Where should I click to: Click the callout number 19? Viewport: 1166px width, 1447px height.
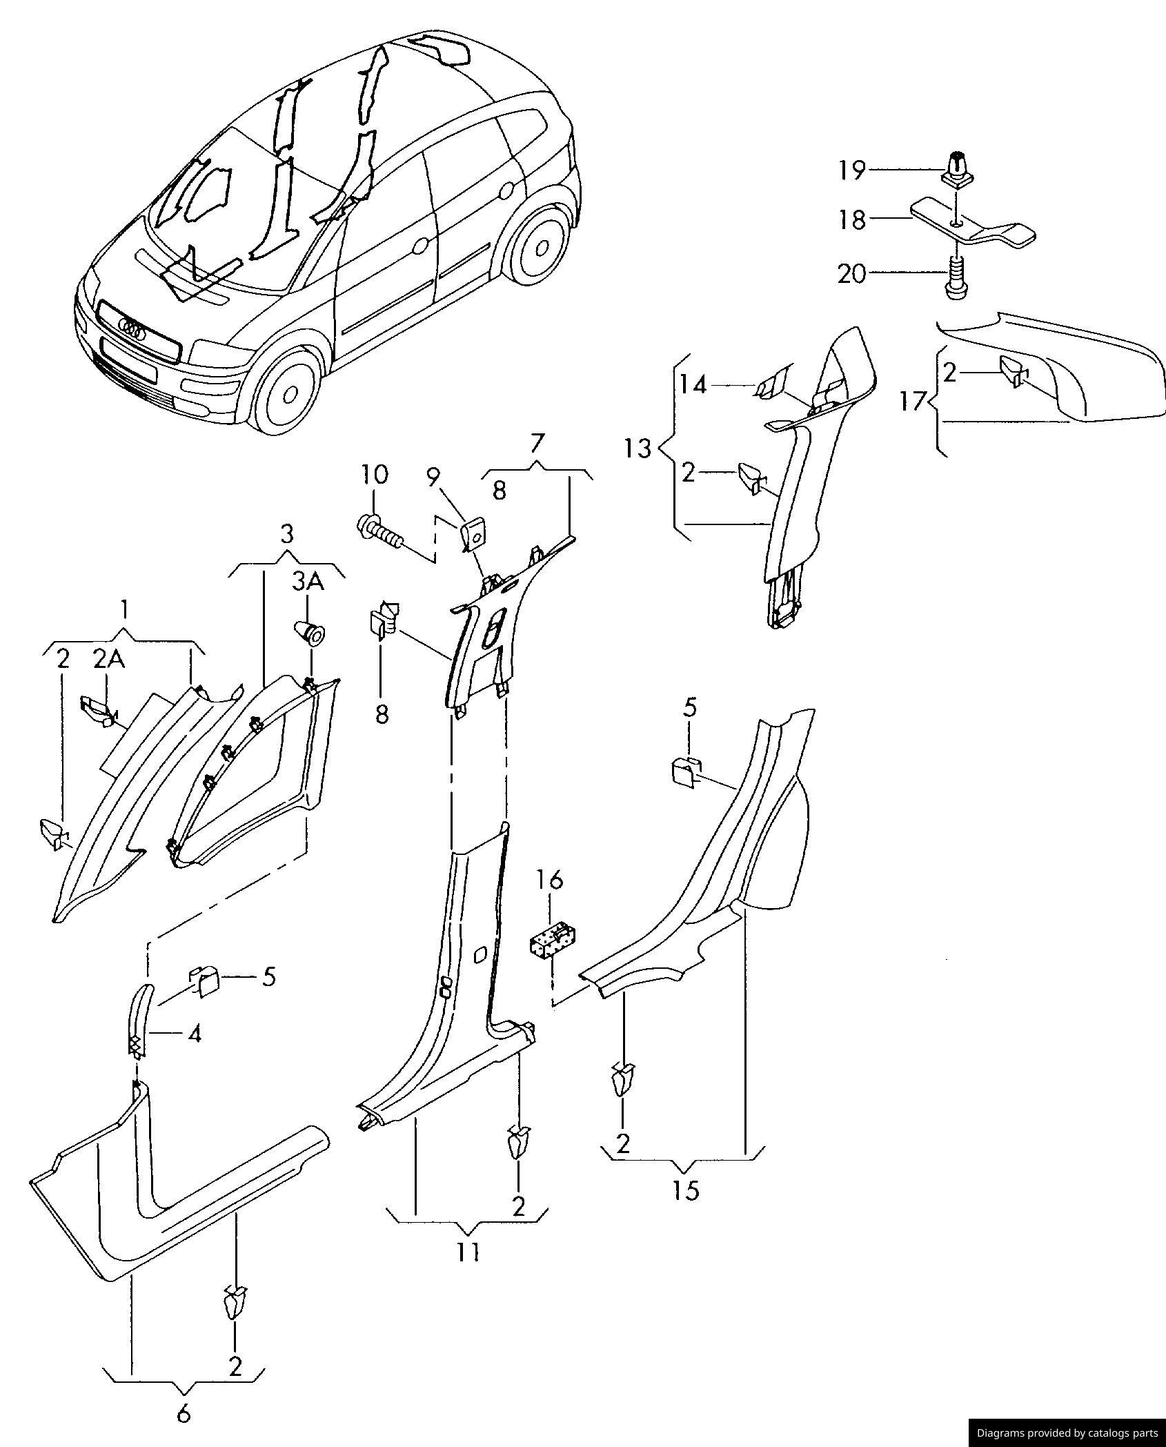click(852, 170)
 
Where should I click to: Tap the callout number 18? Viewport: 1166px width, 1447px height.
click(852, 220)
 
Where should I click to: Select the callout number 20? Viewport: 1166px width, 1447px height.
click(852, 275)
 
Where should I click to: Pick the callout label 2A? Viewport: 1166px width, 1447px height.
click(109, 660)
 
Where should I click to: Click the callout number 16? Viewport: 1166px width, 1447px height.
click(551, 880)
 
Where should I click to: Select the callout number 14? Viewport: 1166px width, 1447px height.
click(693, 385)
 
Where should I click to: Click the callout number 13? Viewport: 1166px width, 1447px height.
click(638, 449)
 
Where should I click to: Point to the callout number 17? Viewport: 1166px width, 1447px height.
click(912, 401)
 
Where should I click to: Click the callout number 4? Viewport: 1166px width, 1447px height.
click(195, 1034)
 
